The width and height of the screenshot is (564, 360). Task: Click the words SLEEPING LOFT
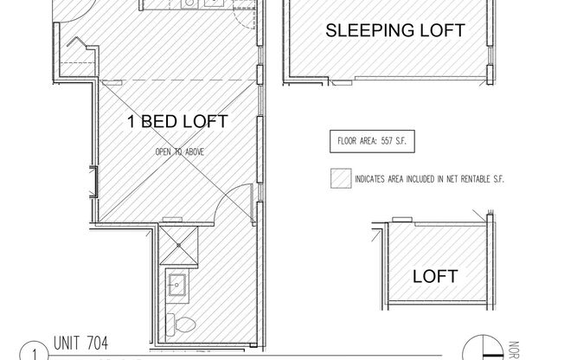[x=394, y=30]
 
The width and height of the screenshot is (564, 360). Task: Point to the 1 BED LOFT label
[x=177, y=122]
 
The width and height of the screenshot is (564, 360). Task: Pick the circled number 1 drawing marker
[x=32, y=353]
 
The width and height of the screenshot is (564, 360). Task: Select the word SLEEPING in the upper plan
[x=362, y=30]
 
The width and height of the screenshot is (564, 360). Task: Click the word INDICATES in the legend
[x=373, y=180]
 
